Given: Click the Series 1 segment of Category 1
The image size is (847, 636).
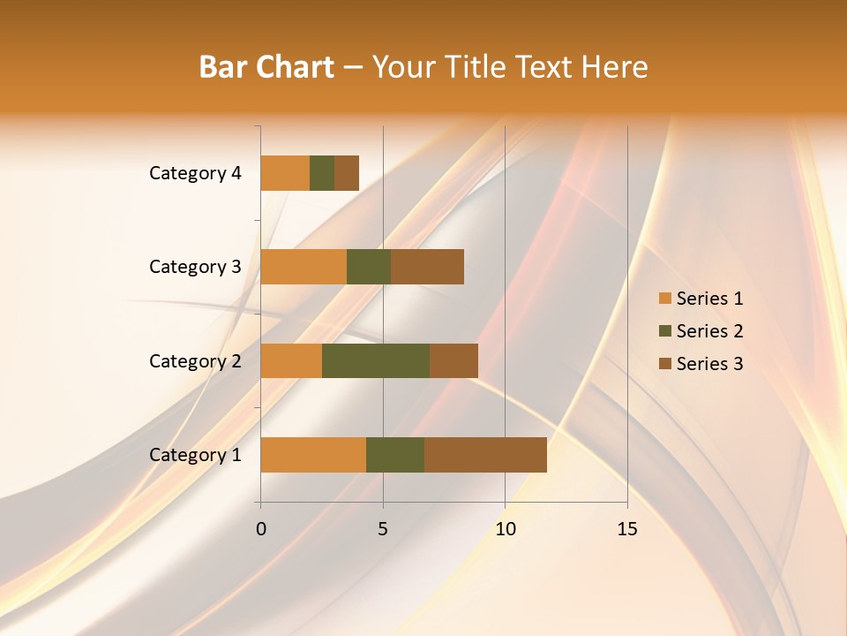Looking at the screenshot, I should pos(313,455).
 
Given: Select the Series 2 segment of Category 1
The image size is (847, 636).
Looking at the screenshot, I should pos(395,455).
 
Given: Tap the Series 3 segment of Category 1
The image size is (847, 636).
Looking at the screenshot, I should pos(485,455).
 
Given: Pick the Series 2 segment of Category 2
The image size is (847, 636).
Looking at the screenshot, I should pos(376,360).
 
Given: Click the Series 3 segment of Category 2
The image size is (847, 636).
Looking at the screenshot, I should pos(453,360).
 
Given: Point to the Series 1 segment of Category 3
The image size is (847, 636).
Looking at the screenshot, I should pos(304,267).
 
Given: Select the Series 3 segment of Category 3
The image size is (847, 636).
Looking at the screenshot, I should pos(427,267).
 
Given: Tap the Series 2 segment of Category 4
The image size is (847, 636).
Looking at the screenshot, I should pos(322,173).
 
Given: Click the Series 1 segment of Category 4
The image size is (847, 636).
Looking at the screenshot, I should pos(285,173).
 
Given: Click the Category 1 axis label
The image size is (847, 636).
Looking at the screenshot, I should pos(195,455).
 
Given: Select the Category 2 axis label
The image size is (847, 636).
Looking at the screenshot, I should pos(195,360).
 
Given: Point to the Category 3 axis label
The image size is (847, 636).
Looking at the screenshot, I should pos(195,267).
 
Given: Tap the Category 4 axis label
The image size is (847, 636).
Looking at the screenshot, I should pos(195,173).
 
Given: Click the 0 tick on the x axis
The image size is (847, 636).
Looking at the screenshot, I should pos(261,529).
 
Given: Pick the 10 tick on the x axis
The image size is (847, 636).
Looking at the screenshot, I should pos(505,529).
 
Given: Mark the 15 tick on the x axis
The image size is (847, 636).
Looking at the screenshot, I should pos(627,529).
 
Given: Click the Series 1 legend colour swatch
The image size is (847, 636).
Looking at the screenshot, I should pos(665,299).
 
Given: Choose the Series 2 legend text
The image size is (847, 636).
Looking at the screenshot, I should pos(709,331).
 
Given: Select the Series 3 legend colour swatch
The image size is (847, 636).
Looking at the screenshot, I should pos(665,364).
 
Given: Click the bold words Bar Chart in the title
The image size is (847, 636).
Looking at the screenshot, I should pos(266,67).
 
